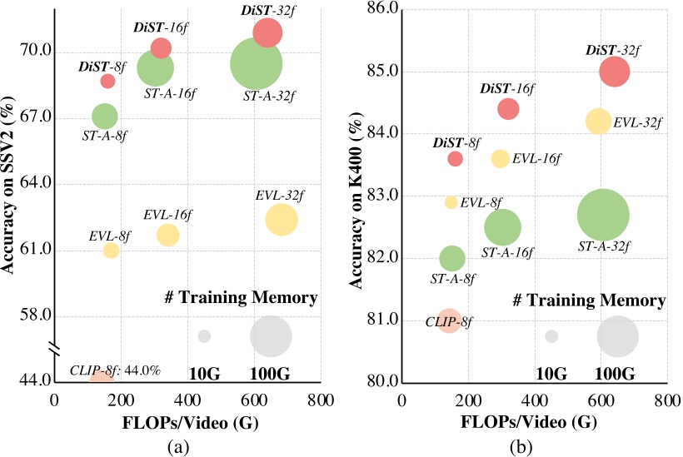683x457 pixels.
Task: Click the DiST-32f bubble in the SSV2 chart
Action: (267, 32)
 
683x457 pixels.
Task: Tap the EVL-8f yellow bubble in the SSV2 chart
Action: (111, 250)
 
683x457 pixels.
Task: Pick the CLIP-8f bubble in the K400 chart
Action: (449, 320)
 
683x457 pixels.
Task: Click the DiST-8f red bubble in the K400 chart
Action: (455, 158)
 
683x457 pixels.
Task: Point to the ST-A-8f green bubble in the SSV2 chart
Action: (104, 117)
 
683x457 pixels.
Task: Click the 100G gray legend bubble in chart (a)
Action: (271, 336)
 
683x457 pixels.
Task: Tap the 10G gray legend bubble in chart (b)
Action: (551, 335)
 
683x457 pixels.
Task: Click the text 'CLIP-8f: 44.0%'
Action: (115, 370)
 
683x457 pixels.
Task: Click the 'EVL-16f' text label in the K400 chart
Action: (537, 158)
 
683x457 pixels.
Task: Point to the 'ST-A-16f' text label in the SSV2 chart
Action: (170, 92)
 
